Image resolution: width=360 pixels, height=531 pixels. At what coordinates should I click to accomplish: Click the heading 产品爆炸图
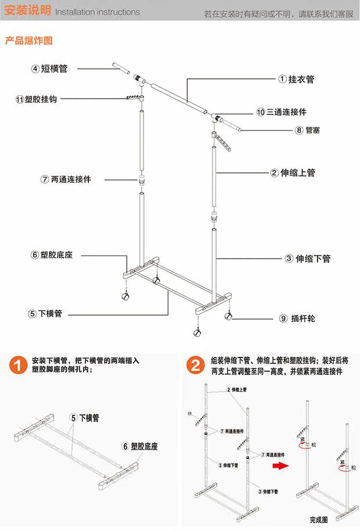(x=29, y=41)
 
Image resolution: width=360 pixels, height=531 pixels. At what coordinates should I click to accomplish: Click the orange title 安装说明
(x=27, y=11)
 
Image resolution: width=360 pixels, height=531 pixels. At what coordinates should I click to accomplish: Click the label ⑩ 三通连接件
(x=282, y=112)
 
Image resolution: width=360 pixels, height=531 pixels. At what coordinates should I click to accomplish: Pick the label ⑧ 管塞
(x=308, y=130)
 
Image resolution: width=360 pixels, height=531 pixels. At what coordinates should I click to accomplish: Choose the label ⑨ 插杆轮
(x=297, y=319)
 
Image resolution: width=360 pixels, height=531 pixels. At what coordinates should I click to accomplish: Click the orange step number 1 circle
(x=19, y=366)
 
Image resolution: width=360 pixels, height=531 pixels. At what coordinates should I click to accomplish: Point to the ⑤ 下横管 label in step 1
(x=85, y=417)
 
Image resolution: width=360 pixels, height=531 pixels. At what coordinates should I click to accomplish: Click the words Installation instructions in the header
(x=98, y=12)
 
